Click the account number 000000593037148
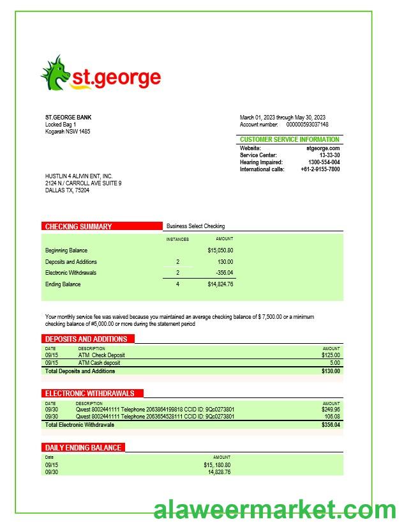click(307, 125)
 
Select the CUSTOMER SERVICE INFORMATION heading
click(290, 139)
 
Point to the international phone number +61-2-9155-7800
click(320, 169)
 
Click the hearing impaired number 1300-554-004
click(320, 162)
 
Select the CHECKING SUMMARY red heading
click(79, 226)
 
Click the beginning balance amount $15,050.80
click(220, 250)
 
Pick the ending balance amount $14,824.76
click(220, 284)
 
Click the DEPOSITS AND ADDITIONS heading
click(86, 339)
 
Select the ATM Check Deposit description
click(101, 355)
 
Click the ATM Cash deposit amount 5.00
click(334, 363)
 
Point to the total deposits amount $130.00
click(331, 371)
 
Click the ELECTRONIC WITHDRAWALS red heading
click(90, 393)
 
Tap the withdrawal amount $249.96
click(331, 410)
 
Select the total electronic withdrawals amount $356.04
click(331, 425)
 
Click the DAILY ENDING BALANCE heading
click(83, 447)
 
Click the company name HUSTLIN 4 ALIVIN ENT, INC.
click(79, 176)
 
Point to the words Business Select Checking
click(195, 226)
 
